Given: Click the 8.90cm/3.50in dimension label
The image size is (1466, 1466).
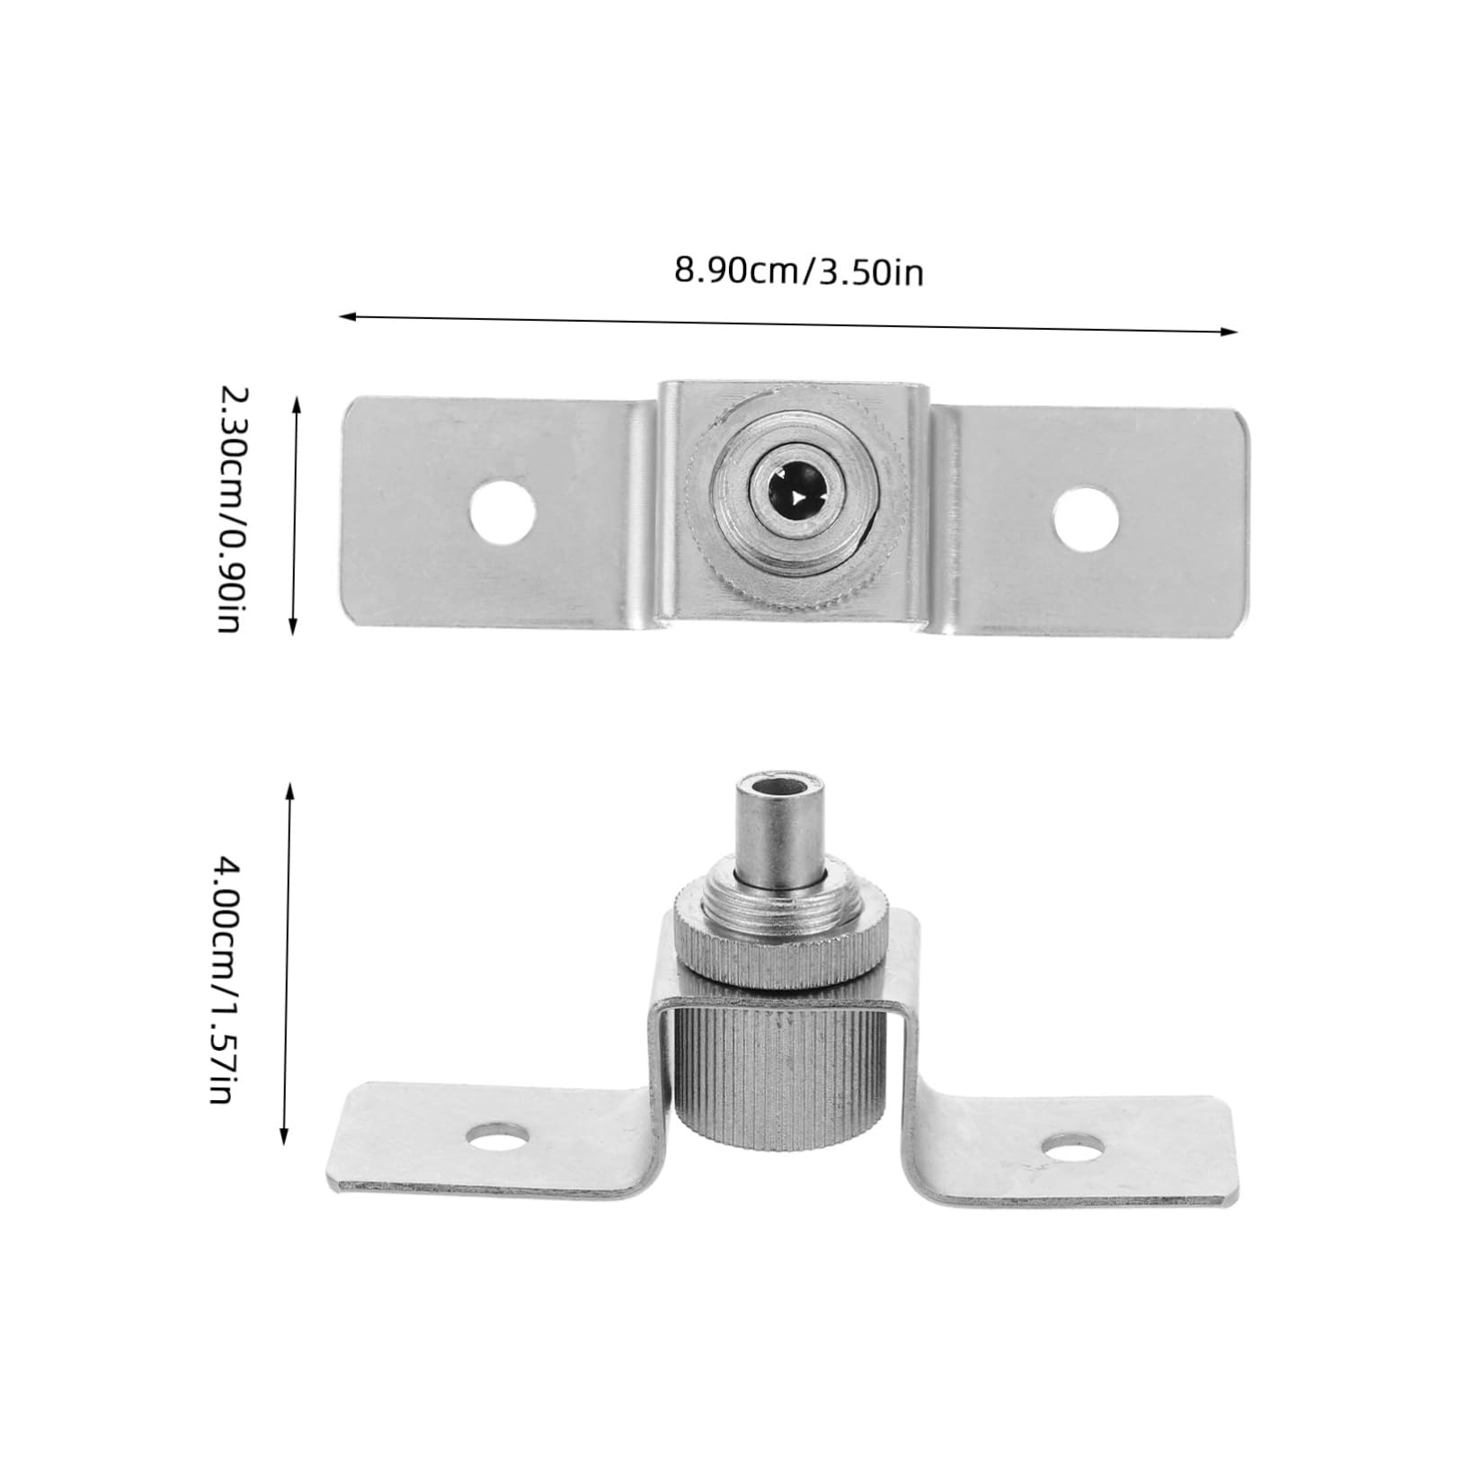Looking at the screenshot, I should click(798, 271).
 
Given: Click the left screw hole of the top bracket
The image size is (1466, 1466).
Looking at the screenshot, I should click(503, 513).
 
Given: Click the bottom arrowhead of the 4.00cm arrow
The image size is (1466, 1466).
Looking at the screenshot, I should click(287, 1141).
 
